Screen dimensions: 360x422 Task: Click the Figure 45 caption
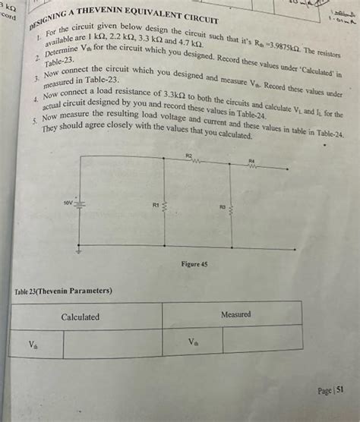coord(194,264)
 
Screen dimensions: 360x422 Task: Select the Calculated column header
coord(81,316)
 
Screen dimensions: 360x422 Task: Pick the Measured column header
coord(235,314)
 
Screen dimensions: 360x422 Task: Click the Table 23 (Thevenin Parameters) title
coord(64,291)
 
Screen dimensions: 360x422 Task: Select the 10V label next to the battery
coord(68,203)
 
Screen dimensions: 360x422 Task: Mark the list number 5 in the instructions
coord(36,121)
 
